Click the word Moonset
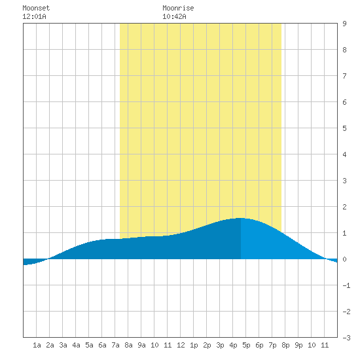click(36, 8)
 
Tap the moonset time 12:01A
click(34, 16)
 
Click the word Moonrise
click(178, 8)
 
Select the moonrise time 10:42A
click(174, 16)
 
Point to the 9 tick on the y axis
click(344, 24)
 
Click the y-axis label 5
click(344, 128)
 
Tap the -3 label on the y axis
click(346, 338)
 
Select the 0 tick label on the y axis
click(344, 259)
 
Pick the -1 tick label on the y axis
click(346, 285)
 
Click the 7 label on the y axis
click(344, 76)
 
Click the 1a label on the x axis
click(37, 345)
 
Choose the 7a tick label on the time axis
click(115, 345)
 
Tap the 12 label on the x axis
click(181, 345)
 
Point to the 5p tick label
click(246, 345)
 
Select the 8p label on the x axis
click(285, 345)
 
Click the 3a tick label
click(63, 345)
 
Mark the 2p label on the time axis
click(207, 345)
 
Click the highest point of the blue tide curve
click(240, 218)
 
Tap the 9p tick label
click(298, 345)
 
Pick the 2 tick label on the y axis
click(344, 207)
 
